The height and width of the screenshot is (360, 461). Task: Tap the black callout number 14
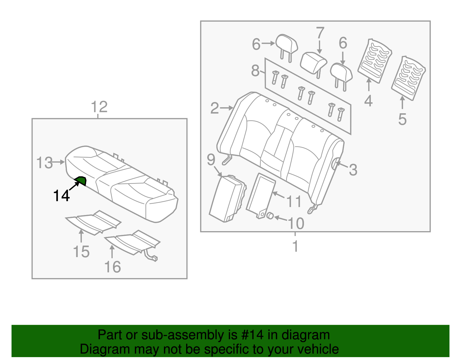[x=61, y=196]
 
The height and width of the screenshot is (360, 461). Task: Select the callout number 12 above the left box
[x=99, y=107]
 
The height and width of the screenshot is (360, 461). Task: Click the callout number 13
[x=44, y=163]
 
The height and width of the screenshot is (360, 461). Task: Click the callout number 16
[x=112, y=267]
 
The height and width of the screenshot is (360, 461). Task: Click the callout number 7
[x=320, y=33]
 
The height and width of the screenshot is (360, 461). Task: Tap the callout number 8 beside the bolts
[x=255, y=71]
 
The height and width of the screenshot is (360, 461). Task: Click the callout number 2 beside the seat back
[x=214, y=108]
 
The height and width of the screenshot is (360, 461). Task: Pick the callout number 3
[x=353, y=170]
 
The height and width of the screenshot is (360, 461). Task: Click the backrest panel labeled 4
[x=374, y=61]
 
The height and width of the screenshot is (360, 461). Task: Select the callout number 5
[x=402, y=119]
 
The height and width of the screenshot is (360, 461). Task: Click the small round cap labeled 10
[x=270, y=216]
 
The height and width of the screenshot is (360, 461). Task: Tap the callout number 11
[x=294, y=201]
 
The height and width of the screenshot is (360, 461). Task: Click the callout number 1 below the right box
[x=295, y=246]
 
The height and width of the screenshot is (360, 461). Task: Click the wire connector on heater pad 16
[x=154, y=258]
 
